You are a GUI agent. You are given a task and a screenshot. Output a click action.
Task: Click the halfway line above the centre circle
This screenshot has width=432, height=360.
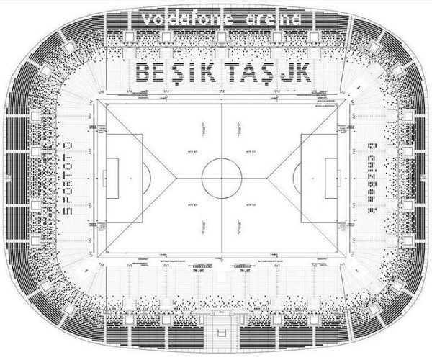click(222, 130)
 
